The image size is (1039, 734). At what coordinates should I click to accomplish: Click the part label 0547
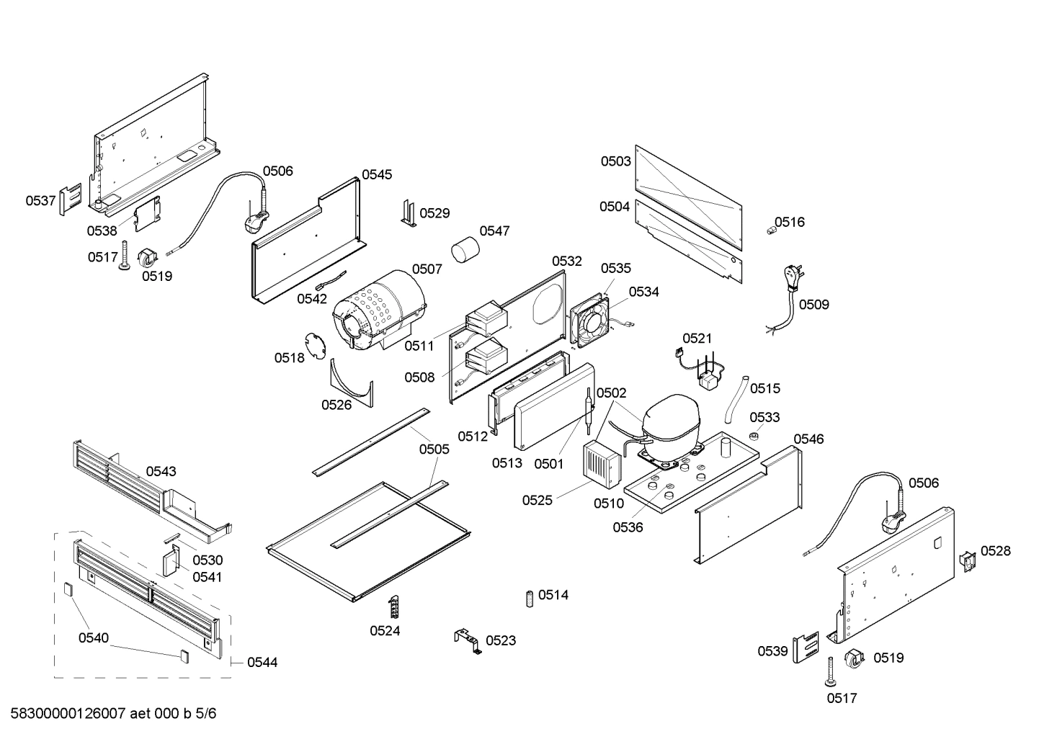point(494,231)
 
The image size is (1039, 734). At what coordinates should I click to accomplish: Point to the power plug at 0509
point(791,277)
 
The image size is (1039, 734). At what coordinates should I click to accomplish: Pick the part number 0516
point(790,222)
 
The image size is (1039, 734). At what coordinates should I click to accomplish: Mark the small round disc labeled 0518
point(314,345)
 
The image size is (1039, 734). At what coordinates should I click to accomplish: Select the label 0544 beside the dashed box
point(262,662)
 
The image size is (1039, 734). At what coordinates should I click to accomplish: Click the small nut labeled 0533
point(754,437)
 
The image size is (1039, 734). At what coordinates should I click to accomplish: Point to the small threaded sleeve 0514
point(529,597)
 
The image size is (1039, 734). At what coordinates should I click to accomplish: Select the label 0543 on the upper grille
point(161,471)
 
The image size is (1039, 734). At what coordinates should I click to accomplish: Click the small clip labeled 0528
point(966,561)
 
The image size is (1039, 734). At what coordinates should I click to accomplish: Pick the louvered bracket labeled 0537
point(70,199)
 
